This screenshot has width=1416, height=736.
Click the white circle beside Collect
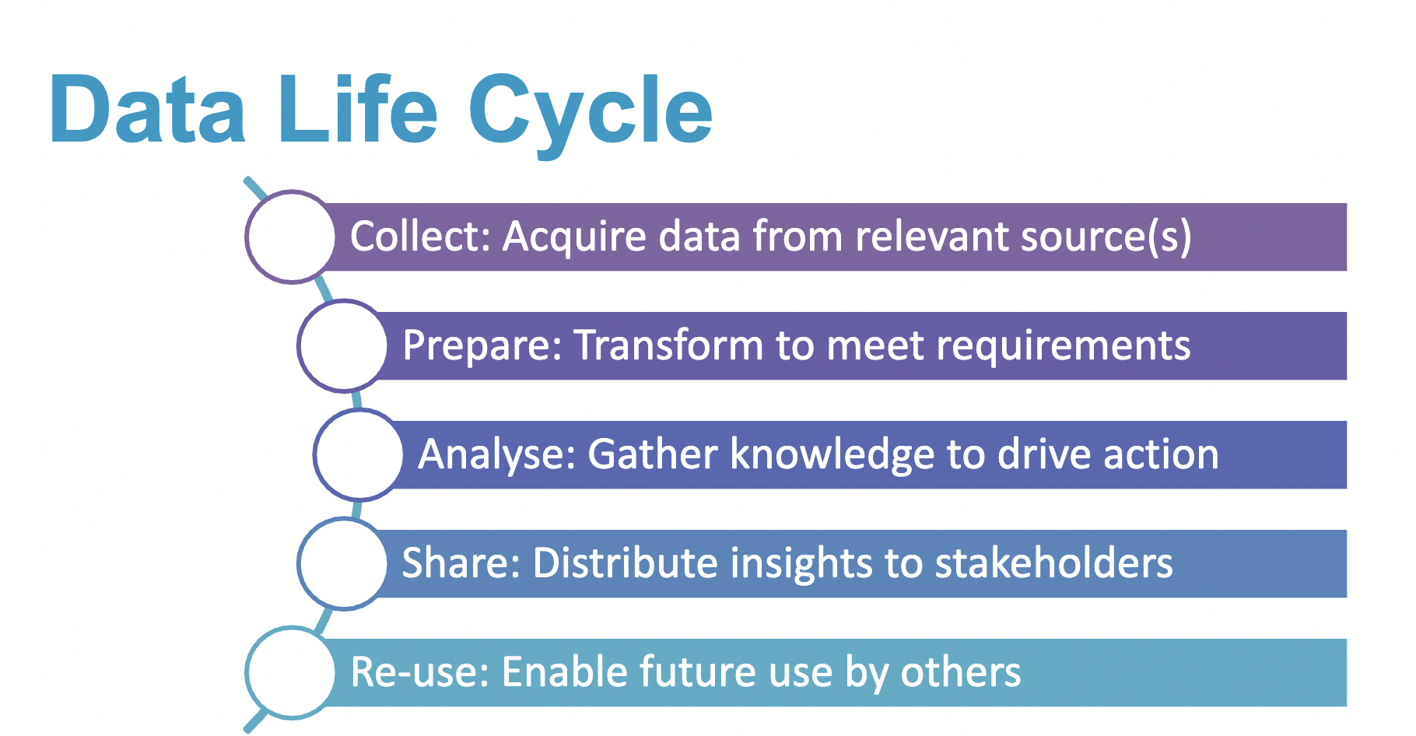click(291, 237)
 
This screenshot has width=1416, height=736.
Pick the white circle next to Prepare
click(343, 345)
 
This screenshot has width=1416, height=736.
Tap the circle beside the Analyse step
click(359, 454)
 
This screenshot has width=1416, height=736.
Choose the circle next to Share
click(343, 563)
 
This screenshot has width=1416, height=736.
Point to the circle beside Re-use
click(291, 672)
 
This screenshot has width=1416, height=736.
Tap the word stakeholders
click(1054, 563)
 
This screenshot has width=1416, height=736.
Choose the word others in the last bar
click(961, 672)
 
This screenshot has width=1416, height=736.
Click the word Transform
click(669, 346)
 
